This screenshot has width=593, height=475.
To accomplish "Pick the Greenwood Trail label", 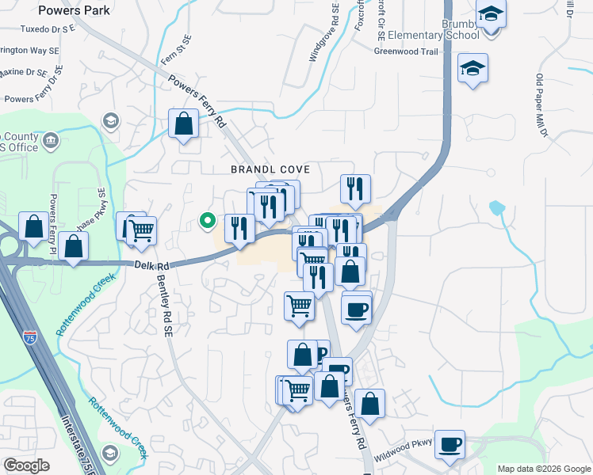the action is (x=407, y=51).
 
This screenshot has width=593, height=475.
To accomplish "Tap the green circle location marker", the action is (x=208, y=221).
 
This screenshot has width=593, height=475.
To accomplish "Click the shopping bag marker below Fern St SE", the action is (x=184, y=124).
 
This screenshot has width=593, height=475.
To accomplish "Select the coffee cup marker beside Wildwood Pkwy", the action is (x=450, y=444).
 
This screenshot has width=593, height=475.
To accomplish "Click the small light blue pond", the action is (x=497, y=209).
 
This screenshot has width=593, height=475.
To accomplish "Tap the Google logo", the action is (x=26, y=465).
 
